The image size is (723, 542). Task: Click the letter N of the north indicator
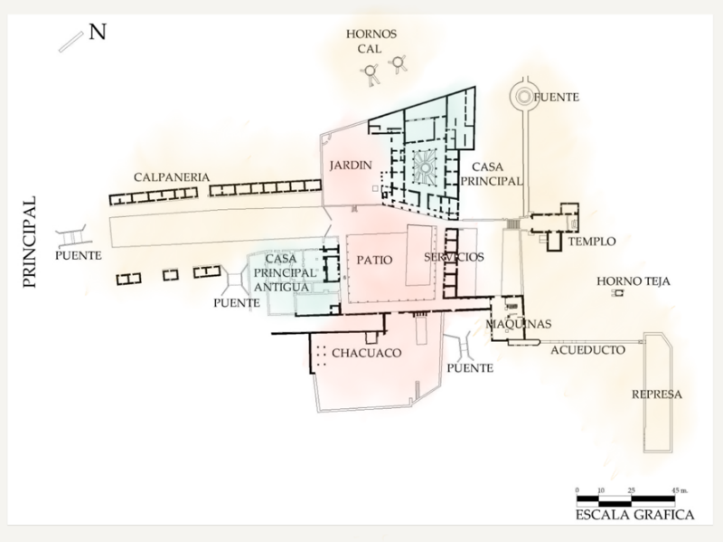coord(98,33)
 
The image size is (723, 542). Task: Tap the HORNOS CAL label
coord(371,42)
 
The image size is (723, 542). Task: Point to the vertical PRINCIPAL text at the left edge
coord(29,241)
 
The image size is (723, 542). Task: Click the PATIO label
coord(374,260)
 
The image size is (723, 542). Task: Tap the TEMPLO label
coord(593,242)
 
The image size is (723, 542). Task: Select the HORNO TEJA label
coord(633,281)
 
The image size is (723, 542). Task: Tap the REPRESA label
coord(657,395)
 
